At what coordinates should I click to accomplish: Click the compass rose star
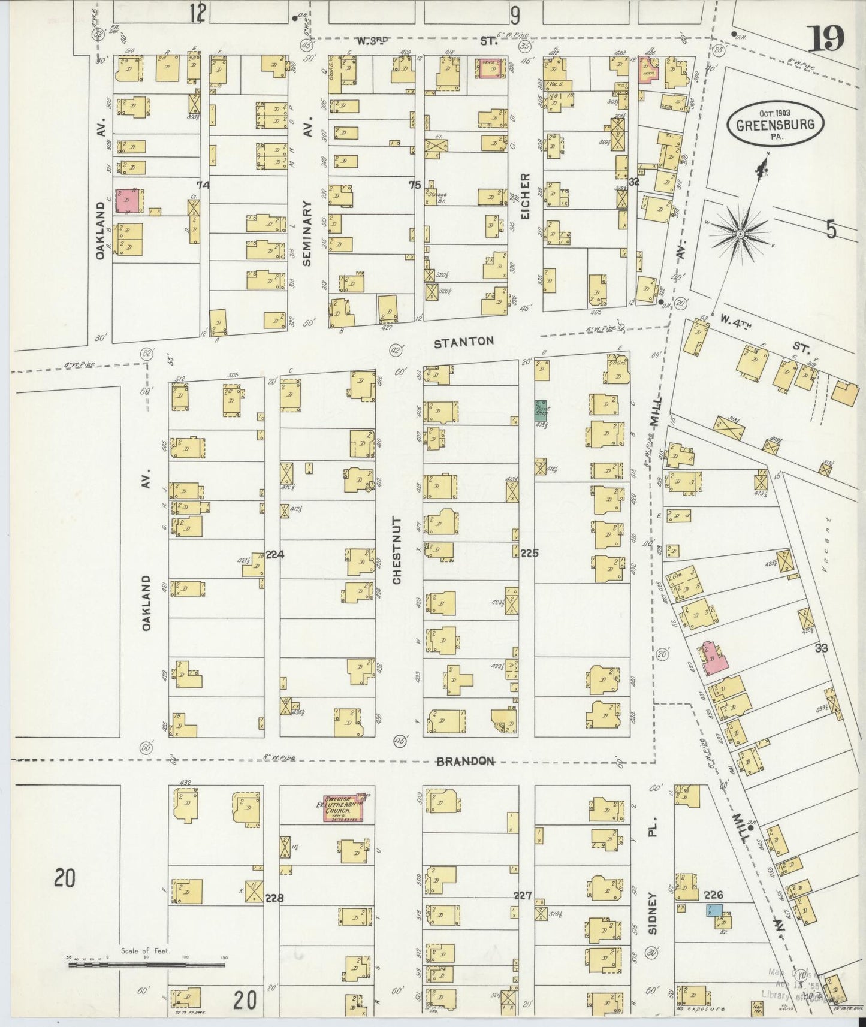coord(740,232)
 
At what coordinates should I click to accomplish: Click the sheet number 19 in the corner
coord(828,40)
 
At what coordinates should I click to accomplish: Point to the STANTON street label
coord(464,342)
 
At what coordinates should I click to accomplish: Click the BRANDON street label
coord(465,761)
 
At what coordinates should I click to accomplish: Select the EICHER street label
coord(525,195)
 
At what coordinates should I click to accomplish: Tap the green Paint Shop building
coord(541,409)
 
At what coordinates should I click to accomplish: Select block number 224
coord(274,555)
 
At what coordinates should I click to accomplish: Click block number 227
coord(523,895)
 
